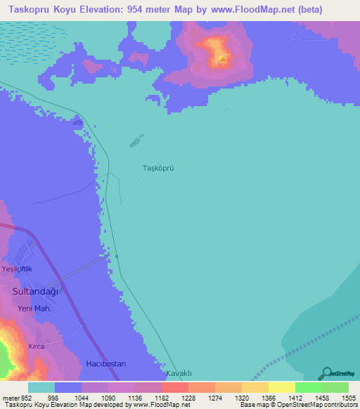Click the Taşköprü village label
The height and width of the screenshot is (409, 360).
(158, 169)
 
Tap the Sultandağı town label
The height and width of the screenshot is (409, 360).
(35, 290)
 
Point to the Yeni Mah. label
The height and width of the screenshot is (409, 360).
(35, 309)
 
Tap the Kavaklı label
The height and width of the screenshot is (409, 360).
(179, 373)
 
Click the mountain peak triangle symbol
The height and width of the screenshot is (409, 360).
(222, 59)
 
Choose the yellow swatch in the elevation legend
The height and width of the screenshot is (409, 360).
(281, 387)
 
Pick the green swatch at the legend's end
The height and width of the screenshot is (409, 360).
(335, 387)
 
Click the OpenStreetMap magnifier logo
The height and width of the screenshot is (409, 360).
(326, 373)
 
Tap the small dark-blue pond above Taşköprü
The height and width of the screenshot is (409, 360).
(136, 141)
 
